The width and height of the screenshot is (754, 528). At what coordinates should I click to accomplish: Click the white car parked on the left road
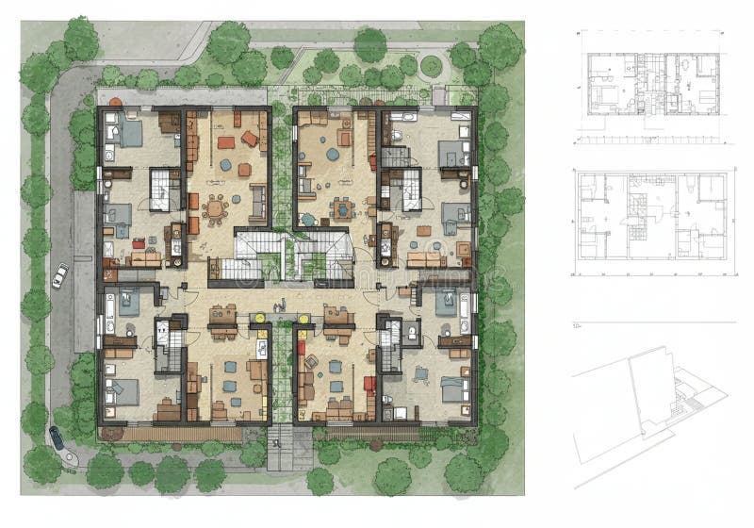[60, 275]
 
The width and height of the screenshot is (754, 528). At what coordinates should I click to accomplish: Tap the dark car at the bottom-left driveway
[57, 437]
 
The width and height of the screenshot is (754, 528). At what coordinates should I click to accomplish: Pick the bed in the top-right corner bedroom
[452, 152]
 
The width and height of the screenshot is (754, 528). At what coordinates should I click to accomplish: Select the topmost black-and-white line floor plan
[651, 85]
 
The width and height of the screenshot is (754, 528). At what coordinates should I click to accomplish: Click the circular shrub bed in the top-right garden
[431, 66]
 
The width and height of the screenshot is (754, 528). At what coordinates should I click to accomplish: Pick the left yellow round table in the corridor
[261, 319]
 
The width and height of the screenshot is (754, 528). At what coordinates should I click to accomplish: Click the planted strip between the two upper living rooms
[281, 160]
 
